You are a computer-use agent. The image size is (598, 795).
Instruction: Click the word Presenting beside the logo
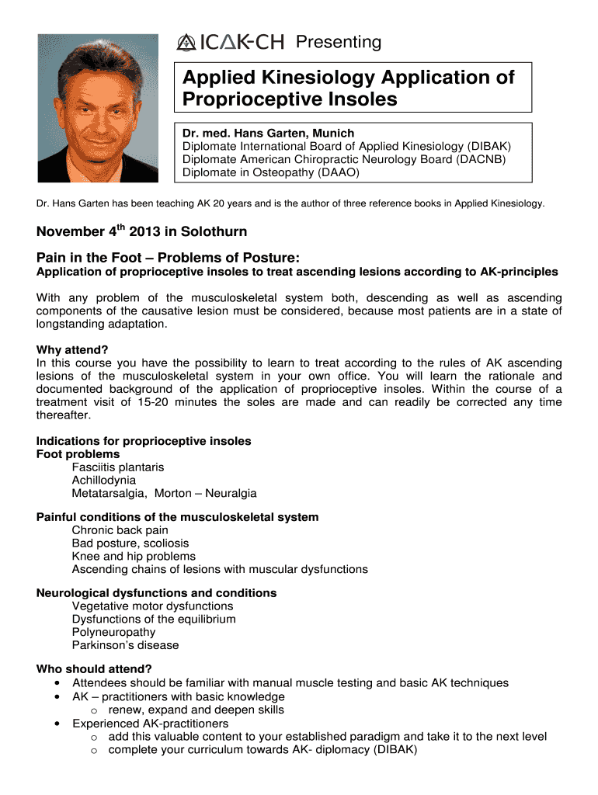(x=339, y=42)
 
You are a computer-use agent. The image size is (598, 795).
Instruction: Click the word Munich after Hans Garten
(x=329, y=133)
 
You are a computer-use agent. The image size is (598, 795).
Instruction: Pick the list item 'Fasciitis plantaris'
(x=118, y=467)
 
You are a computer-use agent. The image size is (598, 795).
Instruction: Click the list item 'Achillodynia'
(x=103, y=481)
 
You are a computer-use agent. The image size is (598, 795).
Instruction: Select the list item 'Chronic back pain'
(x=120, y=530)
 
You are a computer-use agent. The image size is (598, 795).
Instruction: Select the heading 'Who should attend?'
(x=94, y=668)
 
